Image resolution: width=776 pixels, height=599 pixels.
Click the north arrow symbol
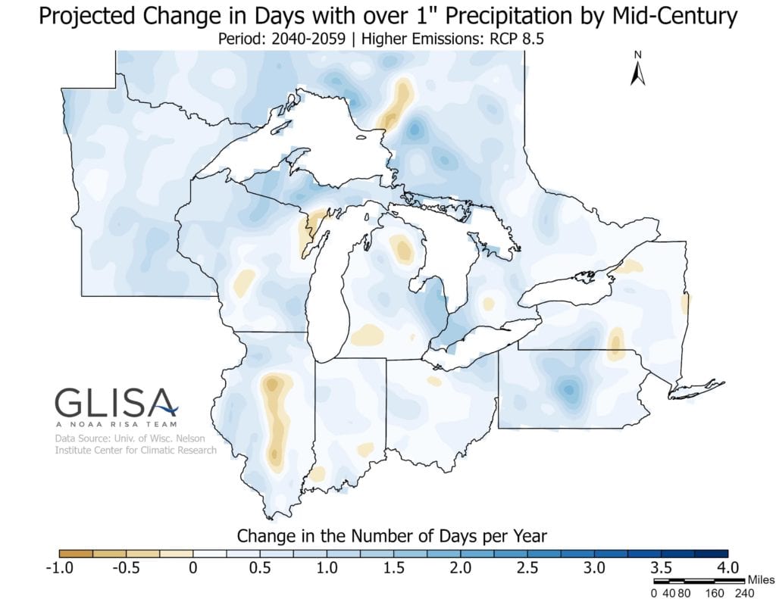click(638, 69)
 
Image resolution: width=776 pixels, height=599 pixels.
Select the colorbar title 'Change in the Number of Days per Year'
click(392, 535)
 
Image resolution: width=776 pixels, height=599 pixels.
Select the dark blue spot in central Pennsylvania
click(568, 390)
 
